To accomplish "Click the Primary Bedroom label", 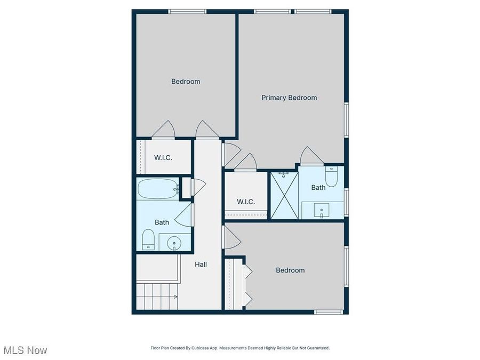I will pyautogui.click(x=289, y=98).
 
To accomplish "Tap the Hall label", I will pyautogui.click(x=201, y=264).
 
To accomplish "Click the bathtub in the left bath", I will pyautogui.click(x=158, y=189).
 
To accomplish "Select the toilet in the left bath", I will pyautogui.click(x=149, y=239).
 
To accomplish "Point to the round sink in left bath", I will pyautogui.click(x=174, y=244).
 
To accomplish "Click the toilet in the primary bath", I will pyautogui.click(x=331, y=178).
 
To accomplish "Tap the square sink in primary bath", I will pyautogui.click(x=323, y=211).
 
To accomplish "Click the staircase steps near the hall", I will pyautogui.click(x=157, y=297).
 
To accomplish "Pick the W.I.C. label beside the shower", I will pyautogui.click(x=246, y=202).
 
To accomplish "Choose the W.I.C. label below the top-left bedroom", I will pyautogui.click(x=163, y=157).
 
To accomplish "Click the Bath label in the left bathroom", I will pyautogui.click(x=162, y=222).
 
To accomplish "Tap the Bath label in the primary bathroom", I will pyautogui.click(x=318, y=188).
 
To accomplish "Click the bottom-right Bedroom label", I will pyautogui.click(x=290, y=270).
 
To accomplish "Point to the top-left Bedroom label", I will pyautogui.click(x=186, y=82).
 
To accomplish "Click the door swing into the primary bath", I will pyautogui.click(x=311, y=156).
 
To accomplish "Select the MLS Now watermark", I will pyautogui.click(x=25, y=350).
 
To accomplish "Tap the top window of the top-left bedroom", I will pyautogui.click(x=187, y=11).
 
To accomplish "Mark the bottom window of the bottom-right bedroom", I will pyautogui.click(x=329, y=312).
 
